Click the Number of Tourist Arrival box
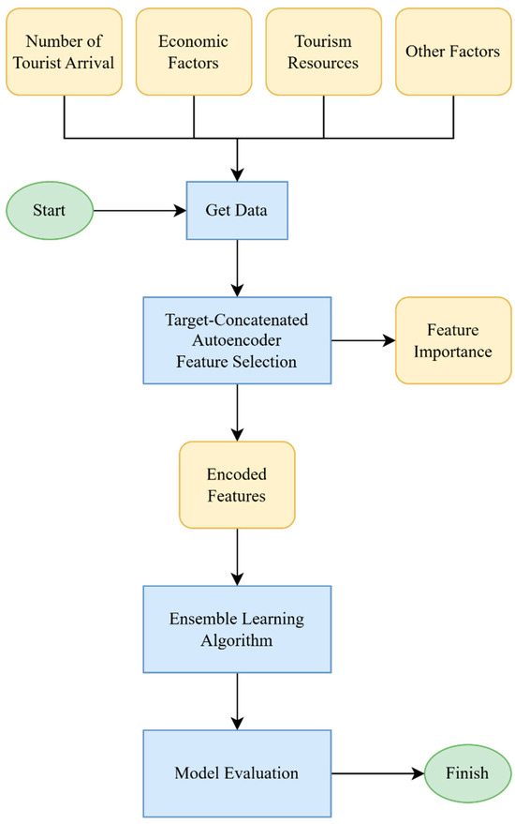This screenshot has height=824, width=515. click(x=64, y=52)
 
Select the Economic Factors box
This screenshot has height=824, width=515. click(x=193, y=52)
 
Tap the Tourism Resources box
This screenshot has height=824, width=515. click(x=323, y=52)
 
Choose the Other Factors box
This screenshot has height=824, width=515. click(x=452, y=52)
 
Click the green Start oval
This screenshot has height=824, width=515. click(x=50, y=210)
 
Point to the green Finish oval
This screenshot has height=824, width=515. click(x=468, y=773)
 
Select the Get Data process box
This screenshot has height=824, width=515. click(x=236, y=210)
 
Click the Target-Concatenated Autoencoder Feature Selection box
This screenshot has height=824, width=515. click(x=236, y=340)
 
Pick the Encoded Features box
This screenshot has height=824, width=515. click(x=236, y=486)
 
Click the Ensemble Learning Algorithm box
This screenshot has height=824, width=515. click(x=236, y=629)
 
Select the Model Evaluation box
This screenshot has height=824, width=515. click(x=236, y=773)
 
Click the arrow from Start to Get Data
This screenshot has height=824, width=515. click(x=140, y=210)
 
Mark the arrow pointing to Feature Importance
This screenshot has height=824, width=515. click(x=362, y=340)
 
